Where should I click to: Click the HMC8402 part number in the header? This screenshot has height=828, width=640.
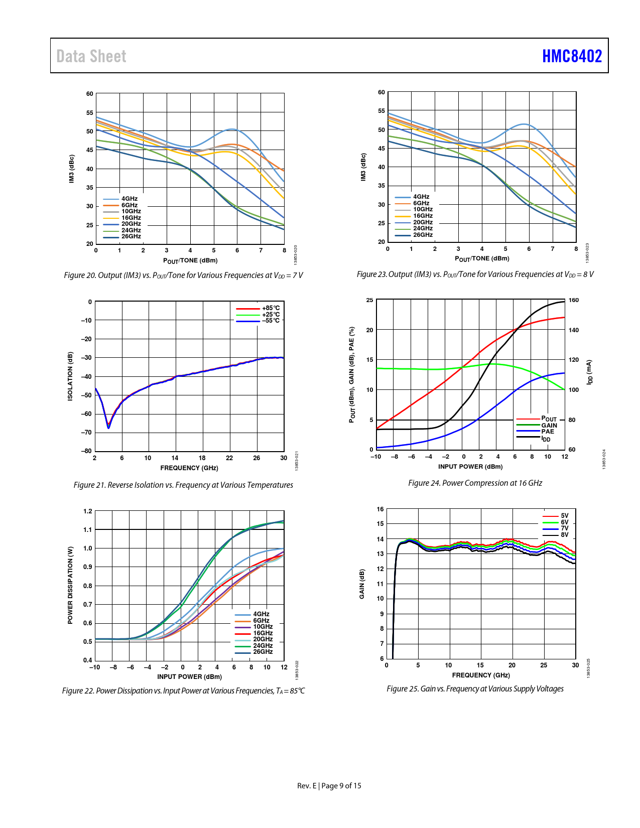click(572, 56)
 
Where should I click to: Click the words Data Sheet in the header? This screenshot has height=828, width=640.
click(91, 56)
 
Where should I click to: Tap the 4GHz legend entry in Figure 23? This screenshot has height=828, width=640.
click(421, 197)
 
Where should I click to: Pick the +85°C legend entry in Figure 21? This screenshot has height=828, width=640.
click(271, 308)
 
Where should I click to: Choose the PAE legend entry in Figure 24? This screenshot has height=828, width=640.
click(548, 432)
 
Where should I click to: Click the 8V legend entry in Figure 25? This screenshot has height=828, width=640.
click(565, 535)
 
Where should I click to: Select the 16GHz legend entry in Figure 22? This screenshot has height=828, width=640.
click(263, 633)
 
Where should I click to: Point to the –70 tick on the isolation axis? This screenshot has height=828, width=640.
click(86, 433)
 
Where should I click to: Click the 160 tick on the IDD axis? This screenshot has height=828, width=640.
click(573, 300)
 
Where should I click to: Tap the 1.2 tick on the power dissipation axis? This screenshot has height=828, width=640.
click(88, 511)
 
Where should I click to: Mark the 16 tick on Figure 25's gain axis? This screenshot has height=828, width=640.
click(380, 509)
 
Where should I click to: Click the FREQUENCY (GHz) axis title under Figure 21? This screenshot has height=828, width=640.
click(189, 468)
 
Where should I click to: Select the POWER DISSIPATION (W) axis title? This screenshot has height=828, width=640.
click(70, 586)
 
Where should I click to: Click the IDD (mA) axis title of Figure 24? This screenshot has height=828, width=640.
click(590, 372)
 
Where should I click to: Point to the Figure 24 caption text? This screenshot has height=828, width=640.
click(475, 483)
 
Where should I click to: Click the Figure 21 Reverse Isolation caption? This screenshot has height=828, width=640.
click(183, 485)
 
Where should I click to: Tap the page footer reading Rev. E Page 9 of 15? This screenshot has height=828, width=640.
click(329, 786)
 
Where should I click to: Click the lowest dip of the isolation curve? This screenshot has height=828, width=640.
click(108, 428)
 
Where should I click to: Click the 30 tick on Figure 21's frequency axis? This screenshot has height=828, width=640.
click(284, 458)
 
